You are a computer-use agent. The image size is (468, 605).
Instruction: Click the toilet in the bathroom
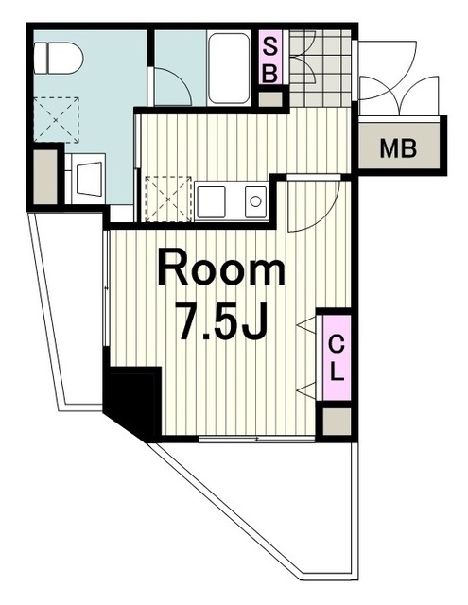pyautogui.click(x=59, y=58)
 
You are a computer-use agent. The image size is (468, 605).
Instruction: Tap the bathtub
pyautogui.click(x=229, y=68)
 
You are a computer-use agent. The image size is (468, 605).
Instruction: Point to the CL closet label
pyautogui.click(x=337, y=357)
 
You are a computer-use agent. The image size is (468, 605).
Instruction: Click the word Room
pyautogui.click(x=221, y=267)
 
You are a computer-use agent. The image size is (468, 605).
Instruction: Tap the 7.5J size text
pyautogui.click(x=221, y=320)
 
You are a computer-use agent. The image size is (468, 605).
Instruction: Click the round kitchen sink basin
pyautogui.click(x=255, y=201)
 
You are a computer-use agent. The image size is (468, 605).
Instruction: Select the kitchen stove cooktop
pyautogui.click(x=211, y=201)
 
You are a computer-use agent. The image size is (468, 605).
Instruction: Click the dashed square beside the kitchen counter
pyautogui.click(x=168, y=199)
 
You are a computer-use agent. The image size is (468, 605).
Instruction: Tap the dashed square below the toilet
pyautogui.click(x=57, y=120)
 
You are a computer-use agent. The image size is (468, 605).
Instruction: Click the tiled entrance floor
pyautogui.click(x=321, y=68)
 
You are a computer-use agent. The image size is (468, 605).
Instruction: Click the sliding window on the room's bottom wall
pyautogui.click(x=257, y=439)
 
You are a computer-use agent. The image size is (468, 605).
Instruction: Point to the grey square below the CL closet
pyautogui.click(x=337, y=421)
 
